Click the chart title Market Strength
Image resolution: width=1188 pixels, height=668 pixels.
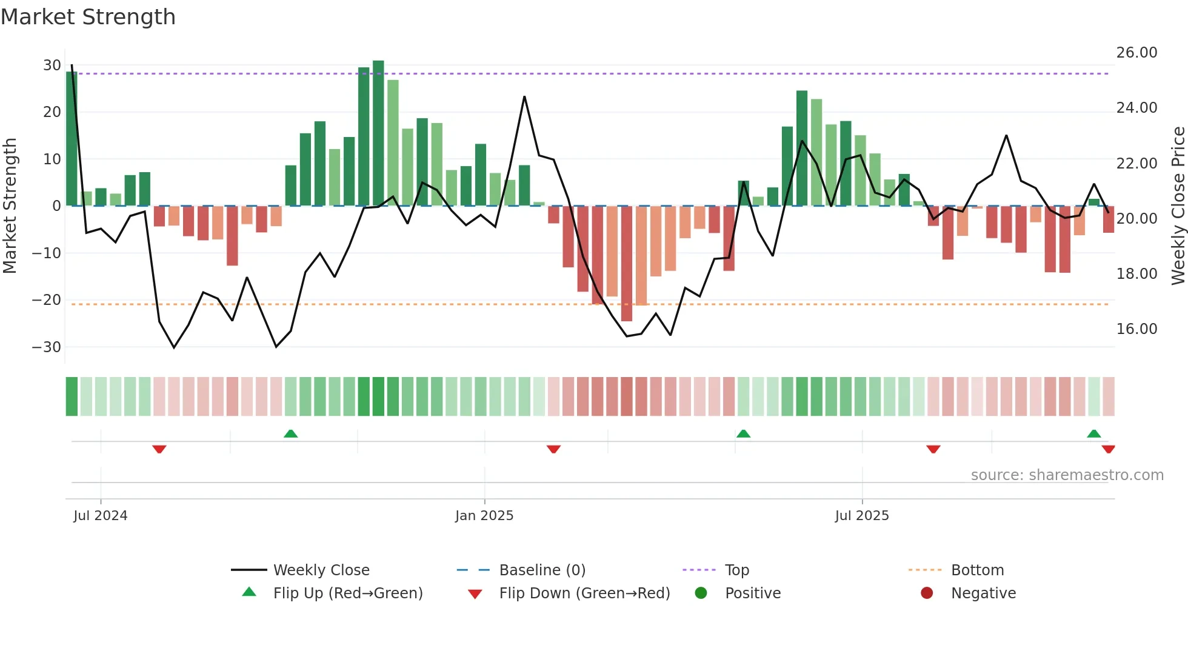pyautogui.click(x=88, y=17)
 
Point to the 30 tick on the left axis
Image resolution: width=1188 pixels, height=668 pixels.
pyautogui.click(x=52, y=65)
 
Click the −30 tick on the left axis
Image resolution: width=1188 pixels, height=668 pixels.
pyautogui.click(x=47, y=347)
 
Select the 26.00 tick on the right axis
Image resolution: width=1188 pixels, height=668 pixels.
pyautogui.click(x=1136, y=53)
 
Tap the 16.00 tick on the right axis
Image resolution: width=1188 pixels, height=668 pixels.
pyautogui.click(x=1136, y=329)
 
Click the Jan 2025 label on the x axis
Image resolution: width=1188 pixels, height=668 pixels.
pyautogui.click(x=484, y=516)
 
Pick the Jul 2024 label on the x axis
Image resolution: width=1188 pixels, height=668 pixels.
pyautogui.click(x=101, y=516)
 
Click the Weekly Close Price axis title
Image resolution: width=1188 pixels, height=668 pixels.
pyautogui.click(x=1178, y=205)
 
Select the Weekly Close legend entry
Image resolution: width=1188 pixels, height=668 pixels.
pyautogui.click(x=321, y=570)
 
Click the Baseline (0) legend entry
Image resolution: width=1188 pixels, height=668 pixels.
pyautogui.click(x=542, y=570)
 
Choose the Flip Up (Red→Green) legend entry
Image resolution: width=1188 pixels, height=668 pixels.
pyautogui.click(x=347, y=593)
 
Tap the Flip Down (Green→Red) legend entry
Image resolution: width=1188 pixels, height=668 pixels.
pyautogui.click(x=584, y=593)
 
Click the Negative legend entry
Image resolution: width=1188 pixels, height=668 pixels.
pyautogui.click(x=983, y=593)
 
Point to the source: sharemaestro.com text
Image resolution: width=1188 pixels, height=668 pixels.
pyautogui.click(x=1067, y=475)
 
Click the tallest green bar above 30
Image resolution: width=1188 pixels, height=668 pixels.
pyautogui.click(x=378, y=133)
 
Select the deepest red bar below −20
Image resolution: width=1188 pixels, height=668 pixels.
pyautogui.click(x=627, y=264)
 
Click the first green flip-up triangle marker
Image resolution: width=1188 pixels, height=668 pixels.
pyautogui.click(x=290, y=433)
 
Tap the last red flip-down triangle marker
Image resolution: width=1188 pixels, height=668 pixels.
pyautogui.click(x=1108, y=449)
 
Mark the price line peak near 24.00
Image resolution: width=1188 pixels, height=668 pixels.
pyautogui.click(x=524, y=97)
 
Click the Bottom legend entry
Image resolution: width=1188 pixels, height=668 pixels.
pyautogui.click(x=977, y=570)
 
